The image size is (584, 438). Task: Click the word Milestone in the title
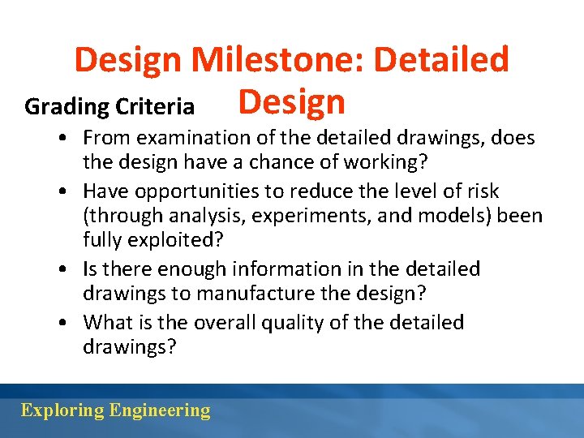point(278,60)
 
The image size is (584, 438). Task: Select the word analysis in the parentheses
point(191,217)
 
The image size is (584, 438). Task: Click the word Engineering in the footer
point(160,410)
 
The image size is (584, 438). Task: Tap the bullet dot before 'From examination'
point(62,139)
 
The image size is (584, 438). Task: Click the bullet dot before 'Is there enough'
point(62,269)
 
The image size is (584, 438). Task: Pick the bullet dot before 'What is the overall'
point(62,323)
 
